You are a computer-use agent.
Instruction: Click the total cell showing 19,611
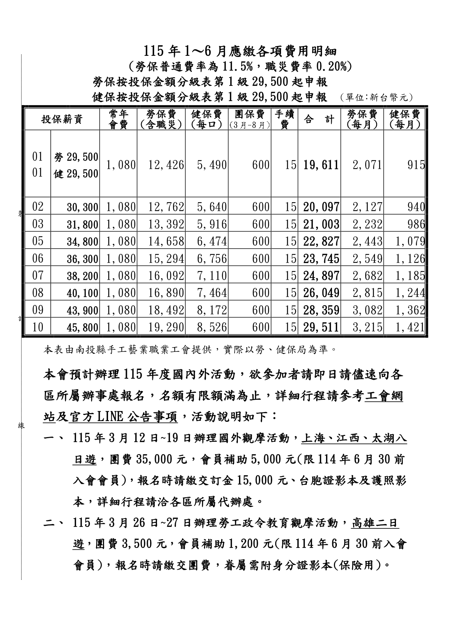321,165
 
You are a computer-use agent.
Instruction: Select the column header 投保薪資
62,119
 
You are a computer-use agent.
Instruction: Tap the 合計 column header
319,119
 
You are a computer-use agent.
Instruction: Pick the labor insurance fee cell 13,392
166,224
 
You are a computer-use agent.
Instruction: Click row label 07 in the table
38,276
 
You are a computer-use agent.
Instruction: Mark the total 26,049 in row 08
321,293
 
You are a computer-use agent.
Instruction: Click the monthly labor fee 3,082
367,310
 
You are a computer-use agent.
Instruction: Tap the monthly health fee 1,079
410,242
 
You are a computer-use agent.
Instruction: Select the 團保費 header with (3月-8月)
249,119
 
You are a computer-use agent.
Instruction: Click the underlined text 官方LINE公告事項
123,417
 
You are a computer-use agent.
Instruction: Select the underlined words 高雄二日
375,523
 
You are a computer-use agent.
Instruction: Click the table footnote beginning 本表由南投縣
190,350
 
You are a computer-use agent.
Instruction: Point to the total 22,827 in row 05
321,242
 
